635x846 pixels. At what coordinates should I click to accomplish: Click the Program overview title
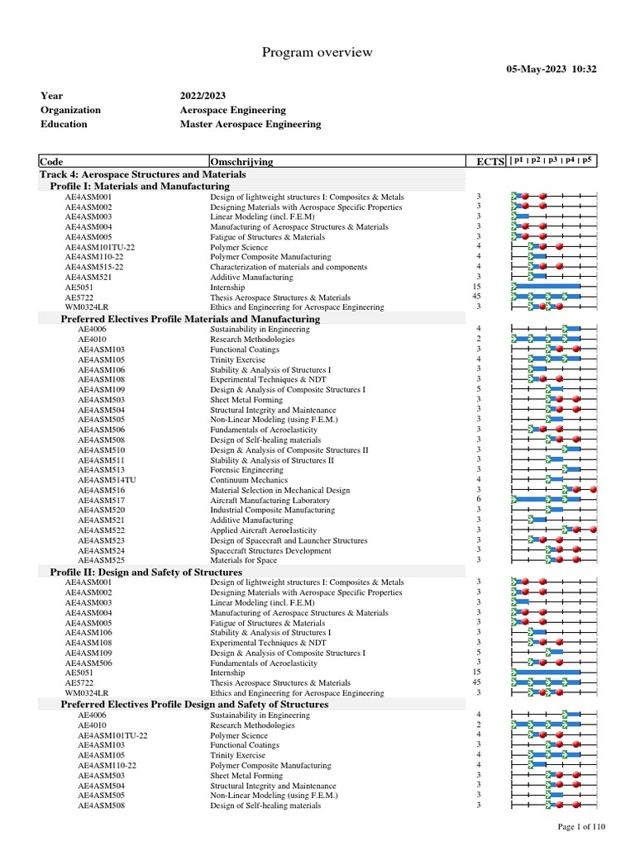[x=317, y=53]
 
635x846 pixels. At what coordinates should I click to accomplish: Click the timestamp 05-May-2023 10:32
[x=551, y=69]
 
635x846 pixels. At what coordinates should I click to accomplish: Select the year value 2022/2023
[x=203, y=96]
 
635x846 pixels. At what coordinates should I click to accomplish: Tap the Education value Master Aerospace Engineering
[x=251, y=124]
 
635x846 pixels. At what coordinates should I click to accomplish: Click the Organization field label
[x=70, y=110]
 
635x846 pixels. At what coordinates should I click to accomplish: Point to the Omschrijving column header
[x=242, y=161]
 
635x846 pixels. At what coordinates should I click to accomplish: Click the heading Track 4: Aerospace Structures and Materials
[x=142, y=174]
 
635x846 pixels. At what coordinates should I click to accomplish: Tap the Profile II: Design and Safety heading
[x=146, y=572]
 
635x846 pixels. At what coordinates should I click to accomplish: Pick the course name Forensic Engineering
[x=246, y=470]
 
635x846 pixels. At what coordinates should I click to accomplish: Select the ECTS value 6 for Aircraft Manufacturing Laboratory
[x=479, y=500]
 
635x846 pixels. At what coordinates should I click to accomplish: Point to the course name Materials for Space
[x=243, y=560]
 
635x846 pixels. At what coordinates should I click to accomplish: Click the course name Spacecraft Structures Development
[x=270, y=550]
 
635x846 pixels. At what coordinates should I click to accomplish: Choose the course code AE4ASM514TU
[x=107, y=480]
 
